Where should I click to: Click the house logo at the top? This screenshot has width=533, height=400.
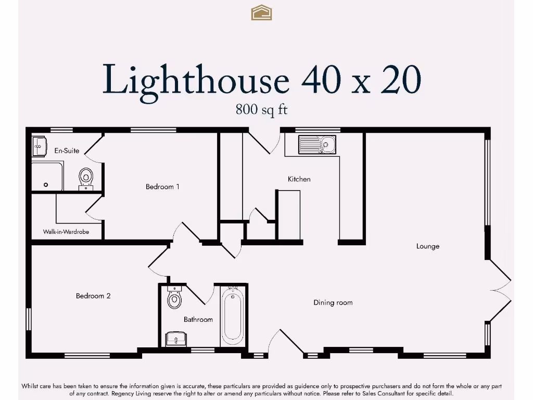pyautogui.click(x=261, y=12)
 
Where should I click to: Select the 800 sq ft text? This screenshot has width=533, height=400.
pyautogui.click(x=261, y=110)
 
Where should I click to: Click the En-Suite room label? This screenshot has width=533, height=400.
pyautogui.click(x=67, y=151)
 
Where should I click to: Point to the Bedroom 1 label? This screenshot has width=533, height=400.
pyautogui.click(x=162, y=186)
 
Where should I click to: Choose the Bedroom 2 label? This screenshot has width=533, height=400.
pyautogui.click(x=93, y=296)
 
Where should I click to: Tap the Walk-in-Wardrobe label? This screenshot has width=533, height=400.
pyautogui.click(x=66, y=231)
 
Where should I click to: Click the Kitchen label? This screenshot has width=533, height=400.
pyautogui.click(x=299, y=179)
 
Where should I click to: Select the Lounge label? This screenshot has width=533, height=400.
pyautogui.click(x=427, y=246)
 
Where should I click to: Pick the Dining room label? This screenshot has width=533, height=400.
pyautogui.click(x=333, y=303)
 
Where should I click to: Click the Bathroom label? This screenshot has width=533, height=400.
pyautogui.click(x=198, y=319)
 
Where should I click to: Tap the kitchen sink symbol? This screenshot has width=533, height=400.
pyautogui.click(x=317, y=144)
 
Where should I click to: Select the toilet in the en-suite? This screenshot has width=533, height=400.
pyautogui.click(x=86, y=178)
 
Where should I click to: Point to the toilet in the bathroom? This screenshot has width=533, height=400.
pyautogui.click(x=174, y=298)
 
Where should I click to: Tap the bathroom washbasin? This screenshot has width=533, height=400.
pyautogui.click(x=175, y=339)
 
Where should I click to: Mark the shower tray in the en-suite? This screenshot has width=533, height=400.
pyautogui.click(x=47, y=176)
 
